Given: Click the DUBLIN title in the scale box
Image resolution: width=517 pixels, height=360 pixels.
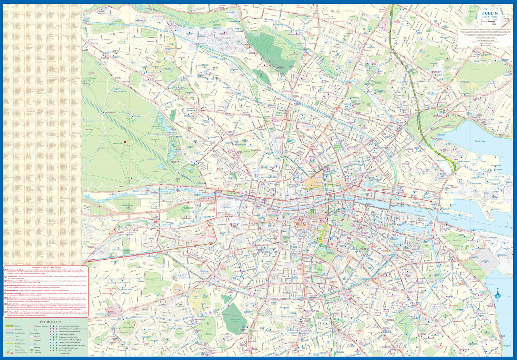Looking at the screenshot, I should click(489, 13).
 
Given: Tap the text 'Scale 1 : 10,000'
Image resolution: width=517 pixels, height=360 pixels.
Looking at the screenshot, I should click(489, 17).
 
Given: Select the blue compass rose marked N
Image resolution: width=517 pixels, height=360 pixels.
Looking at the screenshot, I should click(498, 295).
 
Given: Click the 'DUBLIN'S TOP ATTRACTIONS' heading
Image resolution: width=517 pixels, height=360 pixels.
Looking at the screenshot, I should click(47, 268).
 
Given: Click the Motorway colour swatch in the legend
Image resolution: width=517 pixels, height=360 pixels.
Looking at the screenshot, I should click(10, 326).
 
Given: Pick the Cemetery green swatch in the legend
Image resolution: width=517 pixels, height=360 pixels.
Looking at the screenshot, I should click(31, 333).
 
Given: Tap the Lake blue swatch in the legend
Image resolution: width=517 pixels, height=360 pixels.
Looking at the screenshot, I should click(31, 344).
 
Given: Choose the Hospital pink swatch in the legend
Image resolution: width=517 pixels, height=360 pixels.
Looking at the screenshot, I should click(31, 337).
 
